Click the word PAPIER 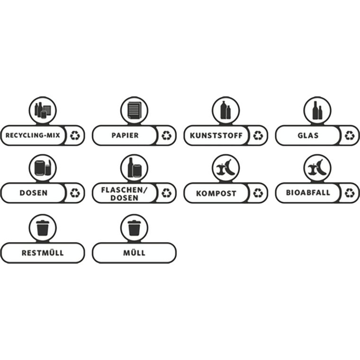click(x=125, y=135)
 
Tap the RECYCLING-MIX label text click(x=33, y=135)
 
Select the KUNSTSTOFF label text click(x=216, y=135)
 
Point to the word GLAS click(x=308, y=135)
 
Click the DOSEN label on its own click(x=34, y=193)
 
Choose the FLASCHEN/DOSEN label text click(x=124, y=194)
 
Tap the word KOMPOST click(x=216, y=194)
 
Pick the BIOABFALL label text click(x=308, y=192)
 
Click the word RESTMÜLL click(x=43, y=253)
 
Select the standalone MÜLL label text click(x=134, y=253)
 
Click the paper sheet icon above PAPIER click(x=134, y=110)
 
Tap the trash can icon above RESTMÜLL click(x=43, y=228)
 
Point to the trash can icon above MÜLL click(x=134, y=228)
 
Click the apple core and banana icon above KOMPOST click(x=225, y=168)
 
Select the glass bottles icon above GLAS click(x=317, y=110)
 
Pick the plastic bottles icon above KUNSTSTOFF click(x=225, y=110)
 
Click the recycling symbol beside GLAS click(x=350, y=135)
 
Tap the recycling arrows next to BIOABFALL click(x=350, y=193)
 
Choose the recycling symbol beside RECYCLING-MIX click(x=75, y=135)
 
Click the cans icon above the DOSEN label click(x=43, y=168)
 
